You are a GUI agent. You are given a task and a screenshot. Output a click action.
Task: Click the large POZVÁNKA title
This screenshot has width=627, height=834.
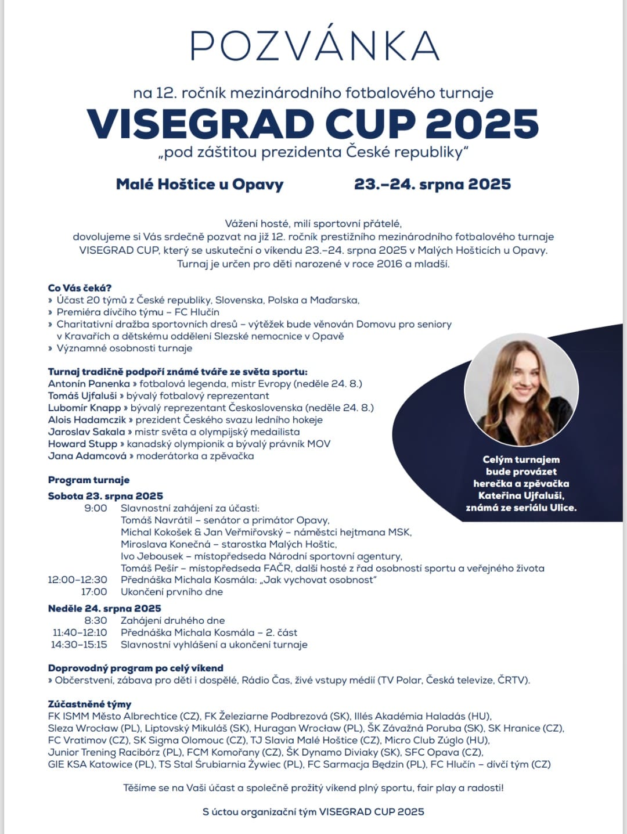coord(314,45)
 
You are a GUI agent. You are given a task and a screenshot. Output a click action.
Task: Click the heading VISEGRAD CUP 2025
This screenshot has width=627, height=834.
coord(313,123)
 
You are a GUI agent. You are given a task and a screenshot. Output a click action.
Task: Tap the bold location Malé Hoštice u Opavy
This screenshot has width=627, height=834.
coord(200,185)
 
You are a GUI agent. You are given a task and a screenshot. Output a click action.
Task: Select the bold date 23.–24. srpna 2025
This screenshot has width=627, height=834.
coord(433,185)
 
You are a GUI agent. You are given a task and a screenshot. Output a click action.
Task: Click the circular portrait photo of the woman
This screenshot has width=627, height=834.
coord(521,389)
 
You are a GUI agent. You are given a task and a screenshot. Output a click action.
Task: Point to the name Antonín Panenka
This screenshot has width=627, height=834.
coord(89,384)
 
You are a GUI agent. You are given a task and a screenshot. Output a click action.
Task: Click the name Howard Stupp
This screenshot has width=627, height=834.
coord(82,444)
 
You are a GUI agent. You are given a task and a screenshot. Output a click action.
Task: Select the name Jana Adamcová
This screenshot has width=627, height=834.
coord(87,456)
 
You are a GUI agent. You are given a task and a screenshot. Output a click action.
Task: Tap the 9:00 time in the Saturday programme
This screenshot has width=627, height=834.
coord(96,508)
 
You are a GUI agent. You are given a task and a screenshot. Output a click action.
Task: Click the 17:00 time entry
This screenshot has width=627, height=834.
coord(94,592)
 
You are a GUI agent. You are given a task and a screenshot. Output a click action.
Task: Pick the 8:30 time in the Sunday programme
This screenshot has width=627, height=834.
coord(96,620)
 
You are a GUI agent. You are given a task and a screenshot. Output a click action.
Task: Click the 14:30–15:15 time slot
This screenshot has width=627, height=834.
coord(79,645)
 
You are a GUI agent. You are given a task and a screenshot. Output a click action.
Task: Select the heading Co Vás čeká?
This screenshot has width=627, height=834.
coord(80,288)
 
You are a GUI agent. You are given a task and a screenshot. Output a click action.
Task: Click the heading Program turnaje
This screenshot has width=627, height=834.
coord(89,480)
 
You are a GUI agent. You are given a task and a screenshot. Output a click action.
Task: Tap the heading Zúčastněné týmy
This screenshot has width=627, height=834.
coord(89,704)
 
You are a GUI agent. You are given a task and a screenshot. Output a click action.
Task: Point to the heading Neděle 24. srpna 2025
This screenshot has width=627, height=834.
coord(105,608)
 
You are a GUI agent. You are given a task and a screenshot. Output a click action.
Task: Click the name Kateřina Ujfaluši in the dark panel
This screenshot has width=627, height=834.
coord(521,495)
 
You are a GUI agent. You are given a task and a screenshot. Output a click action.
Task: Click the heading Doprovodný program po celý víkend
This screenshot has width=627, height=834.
coord(135,668)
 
